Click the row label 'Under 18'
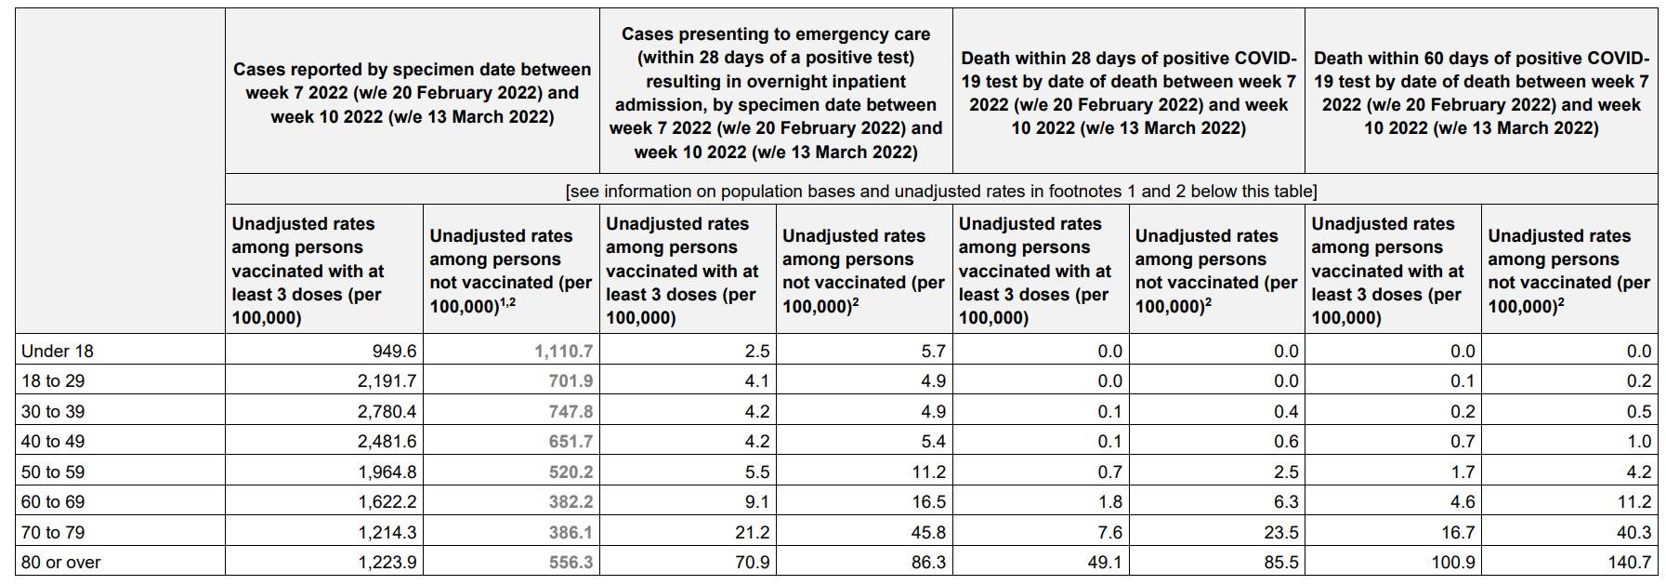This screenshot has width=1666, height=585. pos(58,352)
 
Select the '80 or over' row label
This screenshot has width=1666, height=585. pos(61,563)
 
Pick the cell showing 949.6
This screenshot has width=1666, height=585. pos(394,352)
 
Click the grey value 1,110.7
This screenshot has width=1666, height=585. pos(564,352)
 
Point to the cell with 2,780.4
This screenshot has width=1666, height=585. pos(387,412)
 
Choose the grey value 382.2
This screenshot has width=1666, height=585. pos(571,502)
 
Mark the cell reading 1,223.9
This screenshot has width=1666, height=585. pos(387,563)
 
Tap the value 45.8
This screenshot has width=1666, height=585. pos(928,533)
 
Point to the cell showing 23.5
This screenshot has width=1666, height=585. pos(1279,533)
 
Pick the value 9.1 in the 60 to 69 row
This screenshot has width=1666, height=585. pos(757,502)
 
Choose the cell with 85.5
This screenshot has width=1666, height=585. pos(1279,563)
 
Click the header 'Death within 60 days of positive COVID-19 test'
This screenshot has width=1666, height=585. pos(1481,93)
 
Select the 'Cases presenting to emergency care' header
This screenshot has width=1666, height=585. pos(776,93)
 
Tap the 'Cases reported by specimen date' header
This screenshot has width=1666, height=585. pos(412,93)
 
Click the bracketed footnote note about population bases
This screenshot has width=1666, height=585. pos(940,192)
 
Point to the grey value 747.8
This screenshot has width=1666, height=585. pos(571,412)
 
